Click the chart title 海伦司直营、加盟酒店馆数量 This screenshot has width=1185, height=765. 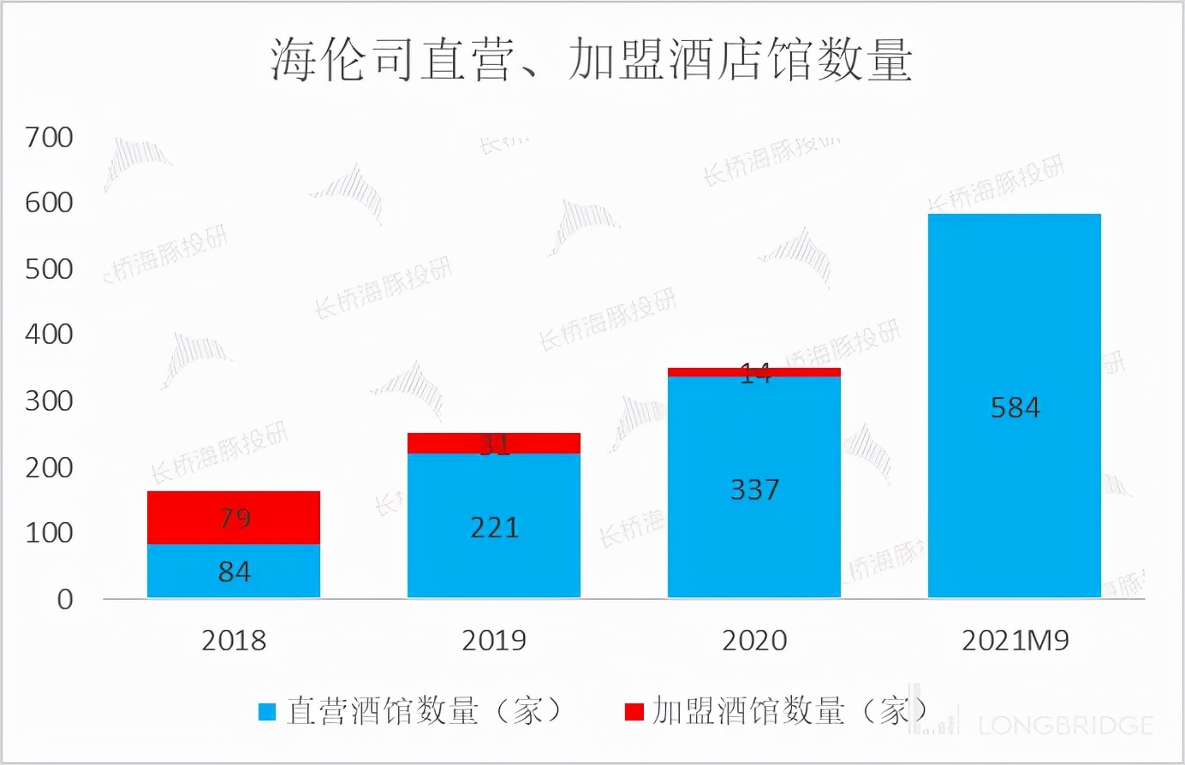click(592, 60)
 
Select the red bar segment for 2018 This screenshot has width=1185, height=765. click(188, 518)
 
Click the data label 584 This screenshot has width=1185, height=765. click(1015, 408)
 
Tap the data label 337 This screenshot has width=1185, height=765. click(754, 490)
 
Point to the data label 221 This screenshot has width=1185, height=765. click(494, 528)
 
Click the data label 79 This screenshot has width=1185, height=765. click(235, 519)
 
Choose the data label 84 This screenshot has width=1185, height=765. click(235, 572)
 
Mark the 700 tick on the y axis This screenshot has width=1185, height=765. click(49, 137)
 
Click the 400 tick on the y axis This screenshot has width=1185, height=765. click(49, 335)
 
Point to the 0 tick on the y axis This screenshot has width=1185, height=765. click(65, 600)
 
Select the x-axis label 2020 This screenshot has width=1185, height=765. click(754, 641)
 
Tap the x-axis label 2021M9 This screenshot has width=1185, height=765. click(1015, 641)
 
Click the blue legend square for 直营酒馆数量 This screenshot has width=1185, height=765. click(267, 712)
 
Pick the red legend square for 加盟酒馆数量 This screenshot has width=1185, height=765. click(634, 712)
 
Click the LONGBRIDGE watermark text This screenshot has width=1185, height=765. click(1065, 726)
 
